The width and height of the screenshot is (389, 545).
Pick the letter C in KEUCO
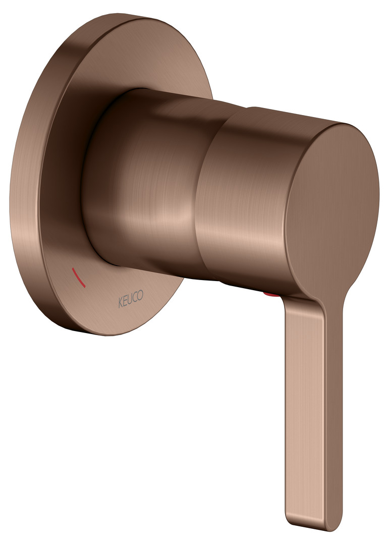coord(135,298)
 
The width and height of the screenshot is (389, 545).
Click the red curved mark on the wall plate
coord(78,278)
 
